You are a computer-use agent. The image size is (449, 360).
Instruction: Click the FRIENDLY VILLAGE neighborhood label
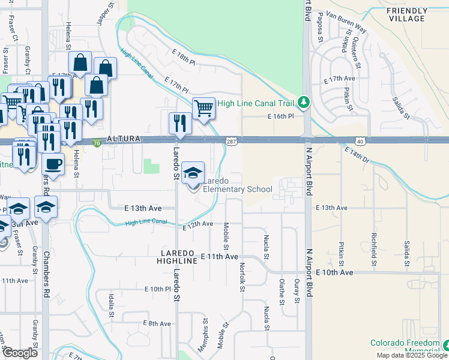point(406,14)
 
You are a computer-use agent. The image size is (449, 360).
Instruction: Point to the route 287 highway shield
point(231,141)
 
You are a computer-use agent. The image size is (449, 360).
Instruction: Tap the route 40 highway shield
point(360,140)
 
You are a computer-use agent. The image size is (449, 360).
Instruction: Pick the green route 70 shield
point(97,142)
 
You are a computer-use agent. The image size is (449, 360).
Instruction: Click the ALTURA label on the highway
point(124,139)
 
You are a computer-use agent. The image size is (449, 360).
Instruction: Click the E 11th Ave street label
point(220,256)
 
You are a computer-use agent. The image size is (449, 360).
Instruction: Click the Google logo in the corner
point(20,353)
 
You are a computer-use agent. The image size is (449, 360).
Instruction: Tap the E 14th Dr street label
point(360,158)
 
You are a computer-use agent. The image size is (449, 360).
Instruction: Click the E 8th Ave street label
point(157,323)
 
